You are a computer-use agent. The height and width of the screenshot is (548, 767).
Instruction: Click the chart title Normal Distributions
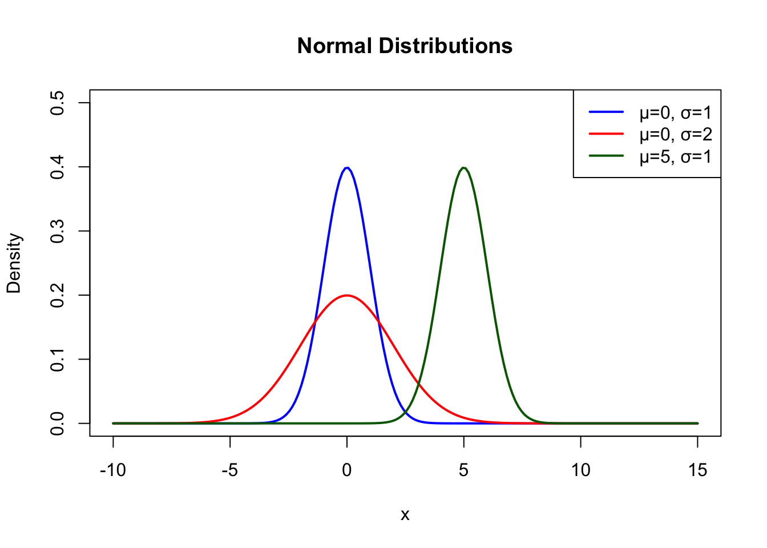405,46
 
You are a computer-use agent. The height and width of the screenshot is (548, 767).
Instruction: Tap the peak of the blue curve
347,168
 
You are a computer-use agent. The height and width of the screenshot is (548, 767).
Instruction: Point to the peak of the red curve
347,295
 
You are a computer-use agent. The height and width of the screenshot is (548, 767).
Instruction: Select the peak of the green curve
464,168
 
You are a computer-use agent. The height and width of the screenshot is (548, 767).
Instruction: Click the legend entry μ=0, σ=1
676,112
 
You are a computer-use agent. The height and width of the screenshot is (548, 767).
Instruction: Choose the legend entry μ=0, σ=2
676,134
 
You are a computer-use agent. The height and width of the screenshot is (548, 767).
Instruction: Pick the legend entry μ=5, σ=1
676,156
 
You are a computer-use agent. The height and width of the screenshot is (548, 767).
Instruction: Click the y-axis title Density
14,263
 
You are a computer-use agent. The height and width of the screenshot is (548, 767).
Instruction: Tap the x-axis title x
405,515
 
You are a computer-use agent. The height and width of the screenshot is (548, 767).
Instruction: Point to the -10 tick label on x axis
112,470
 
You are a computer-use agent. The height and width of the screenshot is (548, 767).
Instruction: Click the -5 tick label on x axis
229,470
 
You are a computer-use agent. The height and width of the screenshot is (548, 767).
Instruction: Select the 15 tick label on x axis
697,470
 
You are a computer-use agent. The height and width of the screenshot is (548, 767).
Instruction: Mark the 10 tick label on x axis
580,470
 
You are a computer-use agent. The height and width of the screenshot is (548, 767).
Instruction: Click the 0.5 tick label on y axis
57,103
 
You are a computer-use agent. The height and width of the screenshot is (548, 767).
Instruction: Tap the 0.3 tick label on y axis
57,231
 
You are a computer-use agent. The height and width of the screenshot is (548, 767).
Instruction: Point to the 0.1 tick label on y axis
57,359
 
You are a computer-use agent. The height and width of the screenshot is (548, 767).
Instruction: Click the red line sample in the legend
606,134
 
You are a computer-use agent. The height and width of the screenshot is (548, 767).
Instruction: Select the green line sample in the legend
606,156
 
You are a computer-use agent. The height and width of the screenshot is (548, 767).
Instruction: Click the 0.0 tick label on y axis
57,424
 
